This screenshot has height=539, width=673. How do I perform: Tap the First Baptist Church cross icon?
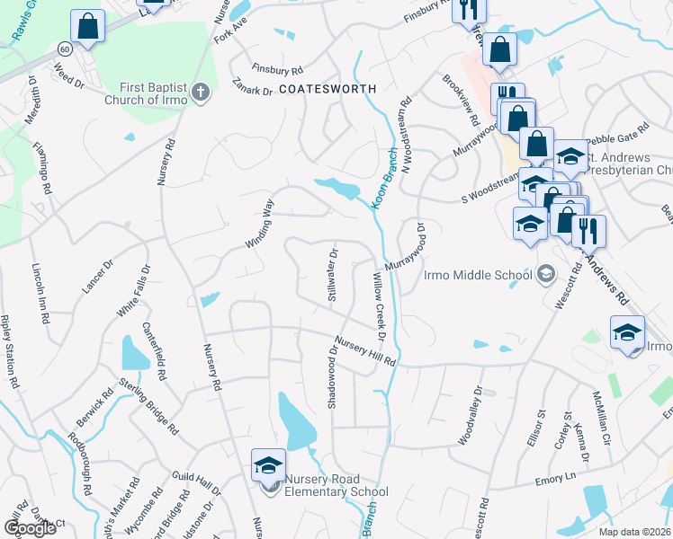(x=201, y=91)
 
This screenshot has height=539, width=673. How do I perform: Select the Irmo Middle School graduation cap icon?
(x=545, y=273)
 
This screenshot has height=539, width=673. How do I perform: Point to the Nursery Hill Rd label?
(x=364, y=350)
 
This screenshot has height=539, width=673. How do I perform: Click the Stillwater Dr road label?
(x=332, y=276)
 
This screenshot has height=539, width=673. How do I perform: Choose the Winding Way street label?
(x=260, y=225)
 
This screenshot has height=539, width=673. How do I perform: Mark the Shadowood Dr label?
(x=332, y=383)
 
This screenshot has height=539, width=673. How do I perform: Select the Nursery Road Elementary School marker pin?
(x=268, y=465)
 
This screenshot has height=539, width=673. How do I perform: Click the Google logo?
(x=30, y=528)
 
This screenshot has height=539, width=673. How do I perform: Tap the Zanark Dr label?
(x=252, y=90)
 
